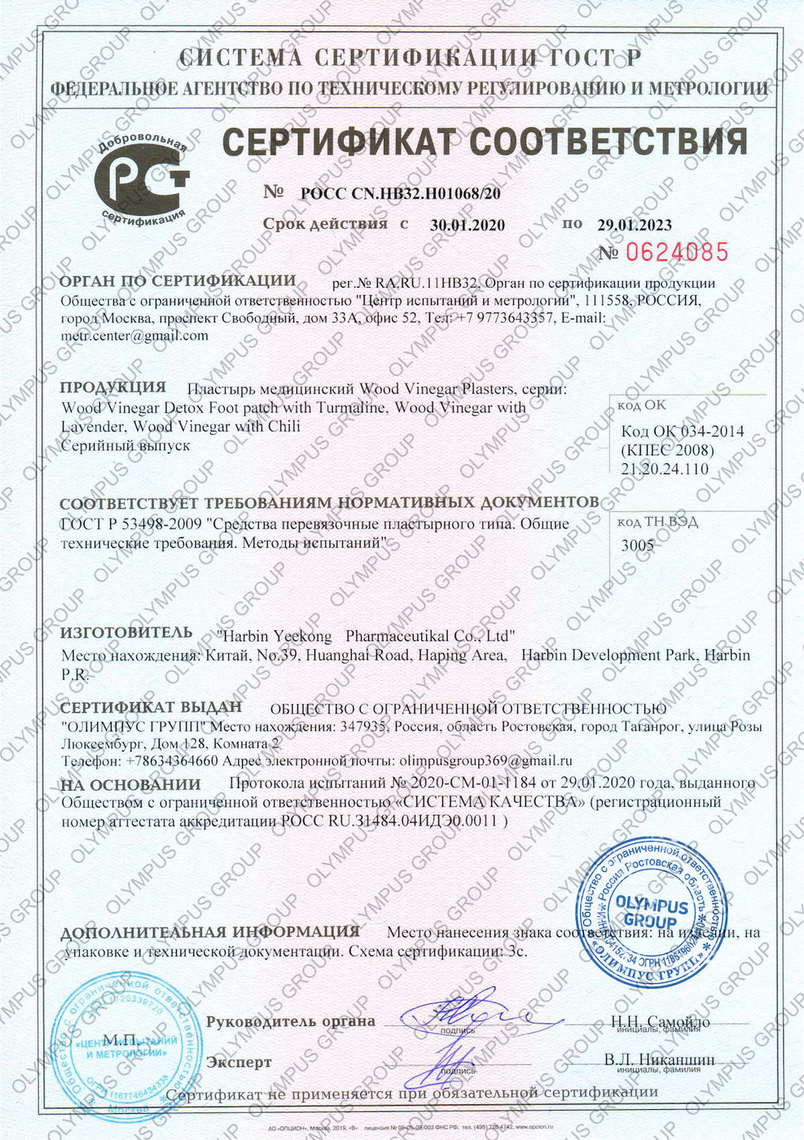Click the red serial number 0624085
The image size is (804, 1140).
pyautogui.click(x=674, y=252)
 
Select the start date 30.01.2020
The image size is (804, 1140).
pyautogui.click(x=468, y=226)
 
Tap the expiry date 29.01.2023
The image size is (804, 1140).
pyautogui.click(x=635, y=225)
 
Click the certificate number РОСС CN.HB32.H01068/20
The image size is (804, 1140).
pyautogui.click(x=401, y=194)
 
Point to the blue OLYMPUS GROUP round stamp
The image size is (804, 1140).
pyautogui.click(x=651, y=905)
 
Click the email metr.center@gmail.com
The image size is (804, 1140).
pyautogui.click(x=134, y=335)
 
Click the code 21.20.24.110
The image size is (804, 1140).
pyautogui.click(x=664, y=469)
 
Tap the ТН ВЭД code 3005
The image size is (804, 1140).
pyautogui.click(x=637, y=546)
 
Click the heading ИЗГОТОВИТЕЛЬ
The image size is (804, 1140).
pyautogui.click(x=126, y=633)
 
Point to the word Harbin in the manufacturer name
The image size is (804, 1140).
pyautogui.click(x=245, y=636)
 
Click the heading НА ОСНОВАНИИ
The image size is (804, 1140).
pyautogui.click(x=130, y=785)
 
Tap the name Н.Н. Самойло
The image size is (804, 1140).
pyautogui.click(x=660, y=1022)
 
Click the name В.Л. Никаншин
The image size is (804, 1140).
pyautogui.click(x=659, y=1059)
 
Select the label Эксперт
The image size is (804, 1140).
pyautogui.click(x=239, y=1063)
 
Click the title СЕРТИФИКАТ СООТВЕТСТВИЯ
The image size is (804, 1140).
pyautogui.click(x=485, y=141)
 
